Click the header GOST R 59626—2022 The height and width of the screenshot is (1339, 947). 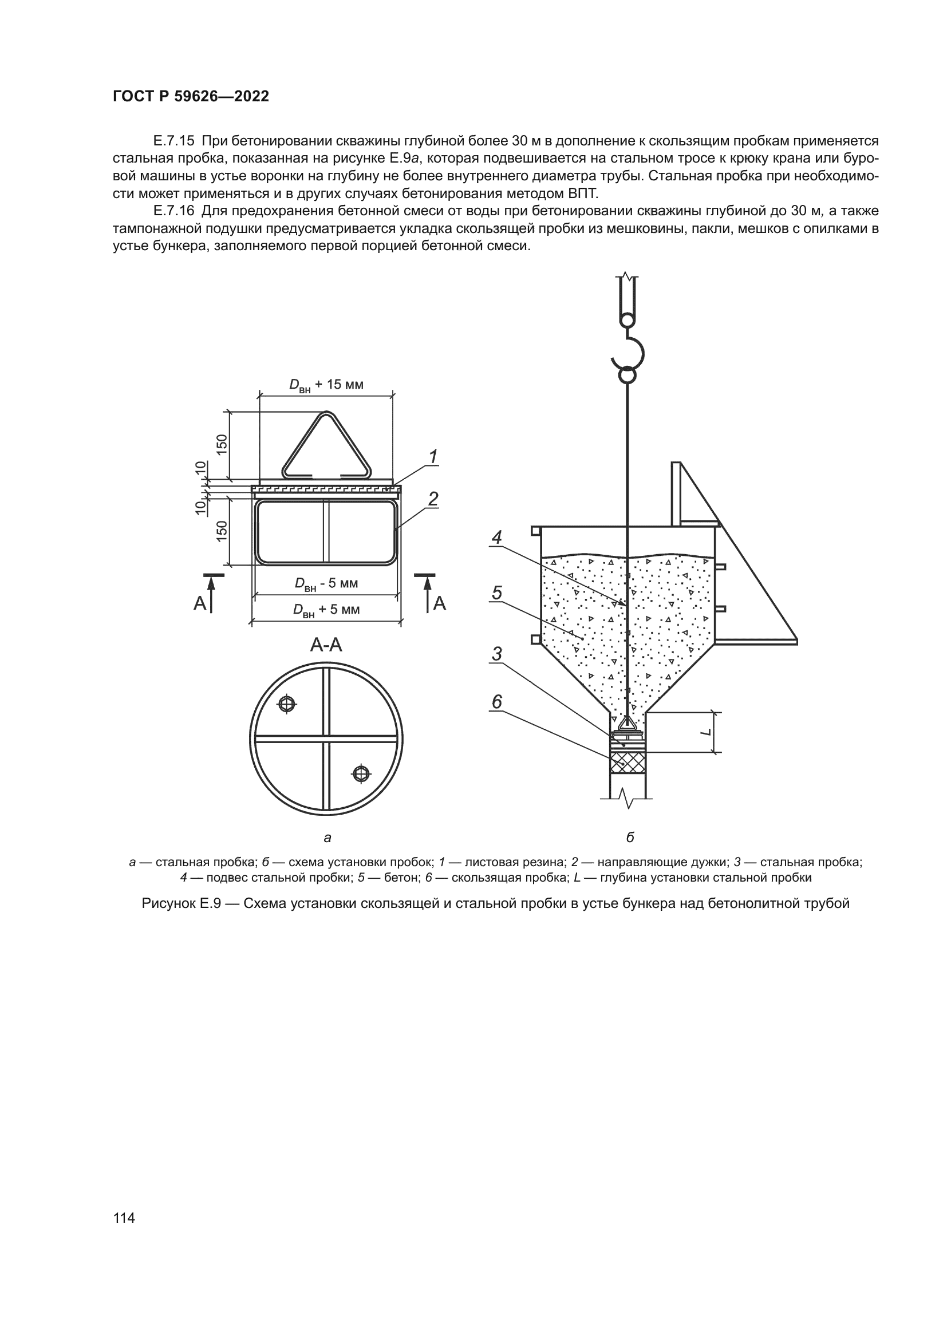coord(191,97)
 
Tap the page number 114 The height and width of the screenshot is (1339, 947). coord(124,1218)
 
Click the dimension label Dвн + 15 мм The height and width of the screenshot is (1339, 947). coord(326,385)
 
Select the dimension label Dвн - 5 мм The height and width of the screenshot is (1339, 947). coord(326,584)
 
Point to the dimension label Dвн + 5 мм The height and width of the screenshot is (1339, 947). coord(326,610)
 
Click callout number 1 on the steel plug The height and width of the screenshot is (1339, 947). coord(433,457)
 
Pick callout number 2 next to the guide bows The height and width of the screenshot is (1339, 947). coord(433,499)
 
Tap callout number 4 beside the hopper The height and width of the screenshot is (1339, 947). coord(496,537)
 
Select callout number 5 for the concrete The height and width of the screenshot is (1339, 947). coord(496,593)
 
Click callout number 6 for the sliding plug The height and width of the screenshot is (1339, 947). coord(496,702)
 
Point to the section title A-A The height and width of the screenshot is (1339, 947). coord(326,645)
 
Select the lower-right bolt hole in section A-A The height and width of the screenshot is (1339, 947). coord(361,774)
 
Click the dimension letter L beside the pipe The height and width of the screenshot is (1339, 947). coord(707,732)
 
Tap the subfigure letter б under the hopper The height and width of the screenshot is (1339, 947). coord(630,838)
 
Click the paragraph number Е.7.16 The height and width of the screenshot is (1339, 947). coord(173,211)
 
